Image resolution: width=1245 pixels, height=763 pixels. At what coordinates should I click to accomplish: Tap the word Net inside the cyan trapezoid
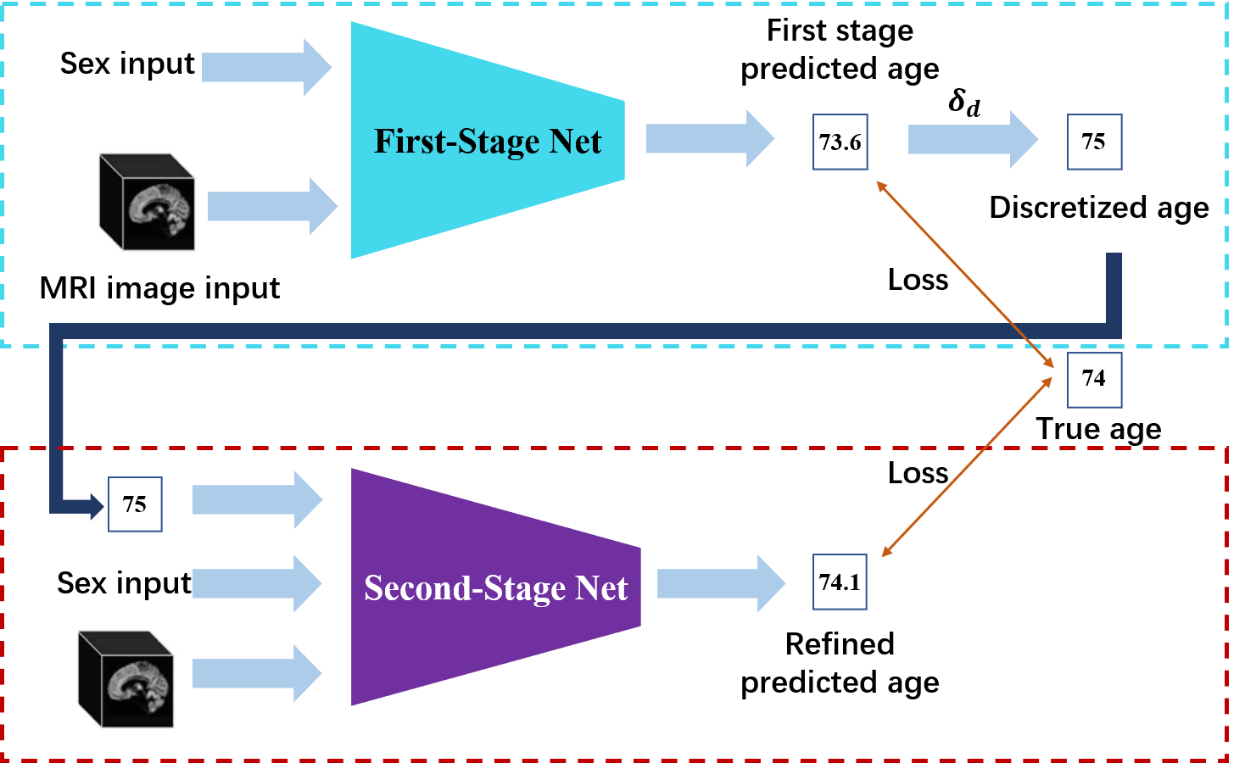576,142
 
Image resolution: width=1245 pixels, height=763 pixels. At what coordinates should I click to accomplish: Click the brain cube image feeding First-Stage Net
148,203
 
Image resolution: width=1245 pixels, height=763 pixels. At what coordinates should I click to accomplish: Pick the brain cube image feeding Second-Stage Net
126,679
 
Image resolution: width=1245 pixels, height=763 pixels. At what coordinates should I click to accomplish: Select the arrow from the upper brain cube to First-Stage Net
271,206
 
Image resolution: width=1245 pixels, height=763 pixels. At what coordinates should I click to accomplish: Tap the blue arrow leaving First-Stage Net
709,138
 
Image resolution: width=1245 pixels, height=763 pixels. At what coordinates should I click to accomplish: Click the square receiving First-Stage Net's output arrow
840,142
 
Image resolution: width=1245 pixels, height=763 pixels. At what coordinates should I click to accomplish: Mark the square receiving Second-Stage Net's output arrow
840,582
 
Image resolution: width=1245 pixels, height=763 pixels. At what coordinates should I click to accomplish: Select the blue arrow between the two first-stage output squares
972,139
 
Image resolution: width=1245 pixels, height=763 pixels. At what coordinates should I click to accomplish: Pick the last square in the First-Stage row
1094,142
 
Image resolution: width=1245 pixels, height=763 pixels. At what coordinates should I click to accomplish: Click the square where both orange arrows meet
1094,381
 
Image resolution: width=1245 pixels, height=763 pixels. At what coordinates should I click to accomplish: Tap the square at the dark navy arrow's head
135,504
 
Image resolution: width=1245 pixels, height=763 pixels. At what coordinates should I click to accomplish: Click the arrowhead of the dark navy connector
96,507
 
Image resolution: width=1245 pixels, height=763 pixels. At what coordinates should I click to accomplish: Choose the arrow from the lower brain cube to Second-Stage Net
256,673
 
